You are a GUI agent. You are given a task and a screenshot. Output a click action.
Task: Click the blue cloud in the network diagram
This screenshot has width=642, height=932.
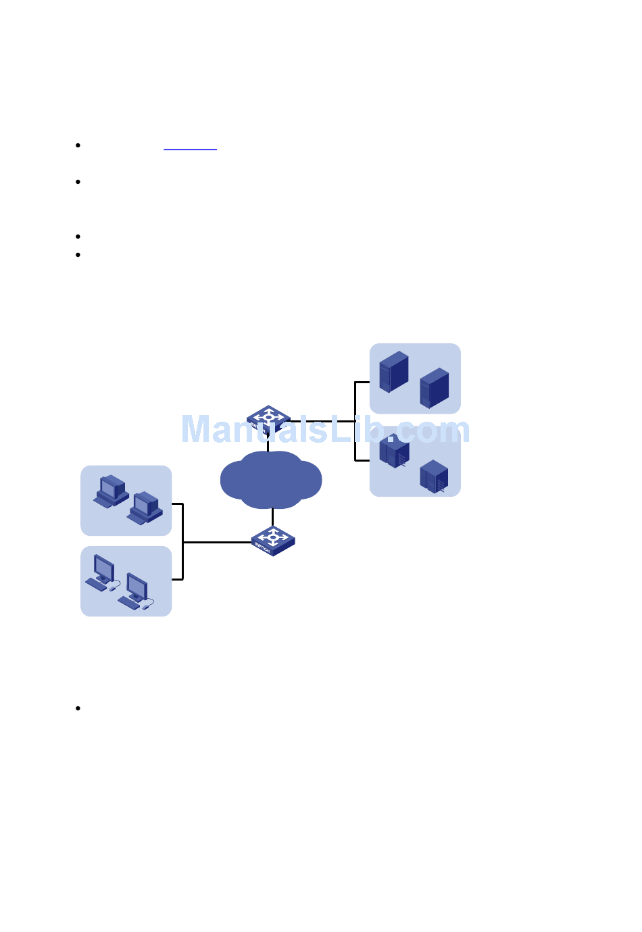click(x=271, y=481)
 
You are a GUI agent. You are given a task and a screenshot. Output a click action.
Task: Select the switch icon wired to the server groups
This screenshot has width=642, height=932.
click(x=269, y=419)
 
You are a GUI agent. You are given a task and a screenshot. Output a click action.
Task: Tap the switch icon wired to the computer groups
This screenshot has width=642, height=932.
click(x=273, y=540)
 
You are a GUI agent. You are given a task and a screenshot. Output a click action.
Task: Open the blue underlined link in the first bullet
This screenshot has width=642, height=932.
click(x=190, y=146)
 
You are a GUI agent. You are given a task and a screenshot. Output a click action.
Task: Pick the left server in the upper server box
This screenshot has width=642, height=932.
click(x=394, y=371)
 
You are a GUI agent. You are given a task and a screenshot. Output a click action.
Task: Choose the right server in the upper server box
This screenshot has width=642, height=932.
click(x=435, y=388)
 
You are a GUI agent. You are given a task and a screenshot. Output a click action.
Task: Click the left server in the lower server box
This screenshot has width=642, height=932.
click(x=394, y=451)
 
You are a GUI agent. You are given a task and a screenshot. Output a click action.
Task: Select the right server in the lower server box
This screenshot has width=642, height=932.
click(x=434, y=476)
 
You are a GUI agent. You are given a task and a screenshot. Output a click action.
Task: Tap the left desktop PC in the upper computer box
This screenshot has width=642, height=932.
click(x=112, y=491)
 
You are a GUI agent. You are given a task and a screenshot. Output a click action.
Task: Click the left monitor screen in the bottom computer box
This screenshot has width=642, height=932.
click(x=103, y=567)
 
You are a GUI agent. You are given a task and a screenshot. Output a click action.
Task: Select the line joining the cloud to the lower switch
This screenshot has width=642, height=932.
click(x=272, y=517)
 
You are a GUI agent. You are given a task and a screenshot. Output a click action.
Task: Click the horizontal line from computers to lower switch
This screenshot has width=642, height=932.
click(x=216, y=542)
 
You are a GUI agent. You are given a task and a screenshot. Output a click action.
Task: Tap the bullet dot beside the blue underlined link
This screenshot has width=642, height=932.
click(x=78, y=145)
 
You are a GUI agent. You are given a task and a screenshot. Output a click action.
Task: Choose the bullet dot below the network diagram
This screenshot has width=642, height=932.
click(x=78, y=708)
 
